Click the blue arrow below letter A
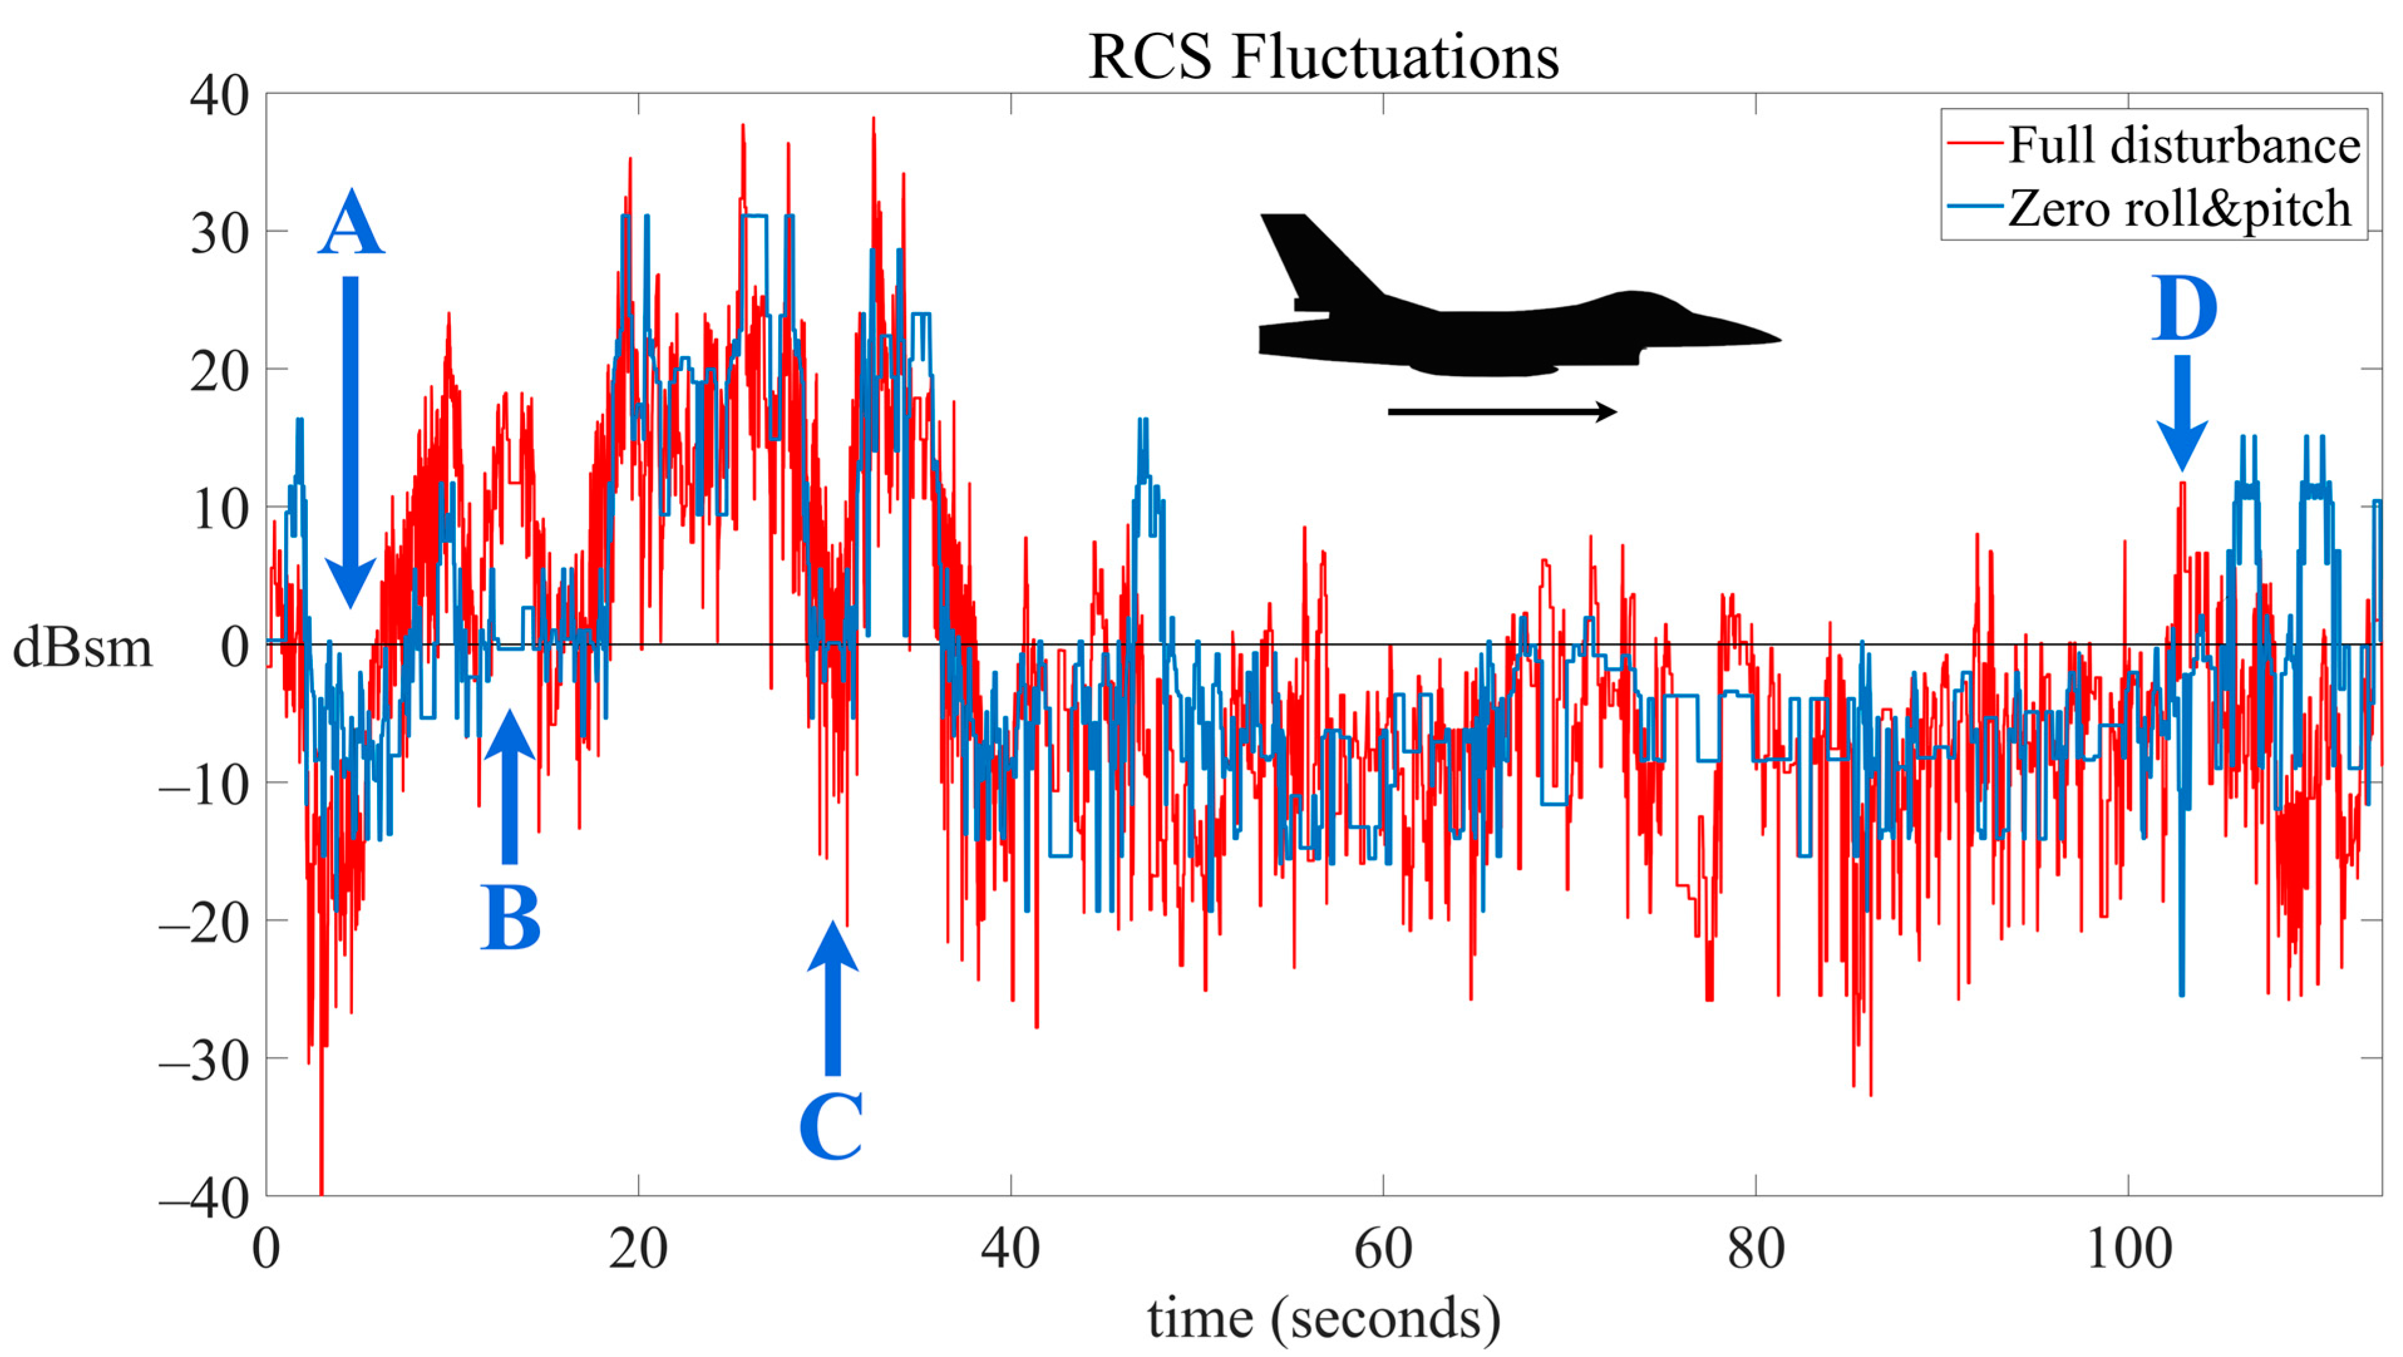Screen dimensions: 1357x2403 coord(351,438)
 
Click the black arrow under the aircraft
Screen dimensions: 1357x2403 coord(1502,411)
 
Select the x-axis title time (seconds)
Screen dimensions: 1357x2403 coord(1323,1318)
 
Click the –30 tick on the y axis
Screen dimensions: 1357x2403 coord(205,1061)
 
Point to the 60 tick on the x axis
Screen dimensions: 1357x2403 coord(1383,1248)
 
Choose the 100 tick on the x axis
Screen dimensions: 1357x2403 coord(2128,1248)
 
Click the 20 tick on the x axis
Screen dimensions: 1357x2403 coord(638,1248)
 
